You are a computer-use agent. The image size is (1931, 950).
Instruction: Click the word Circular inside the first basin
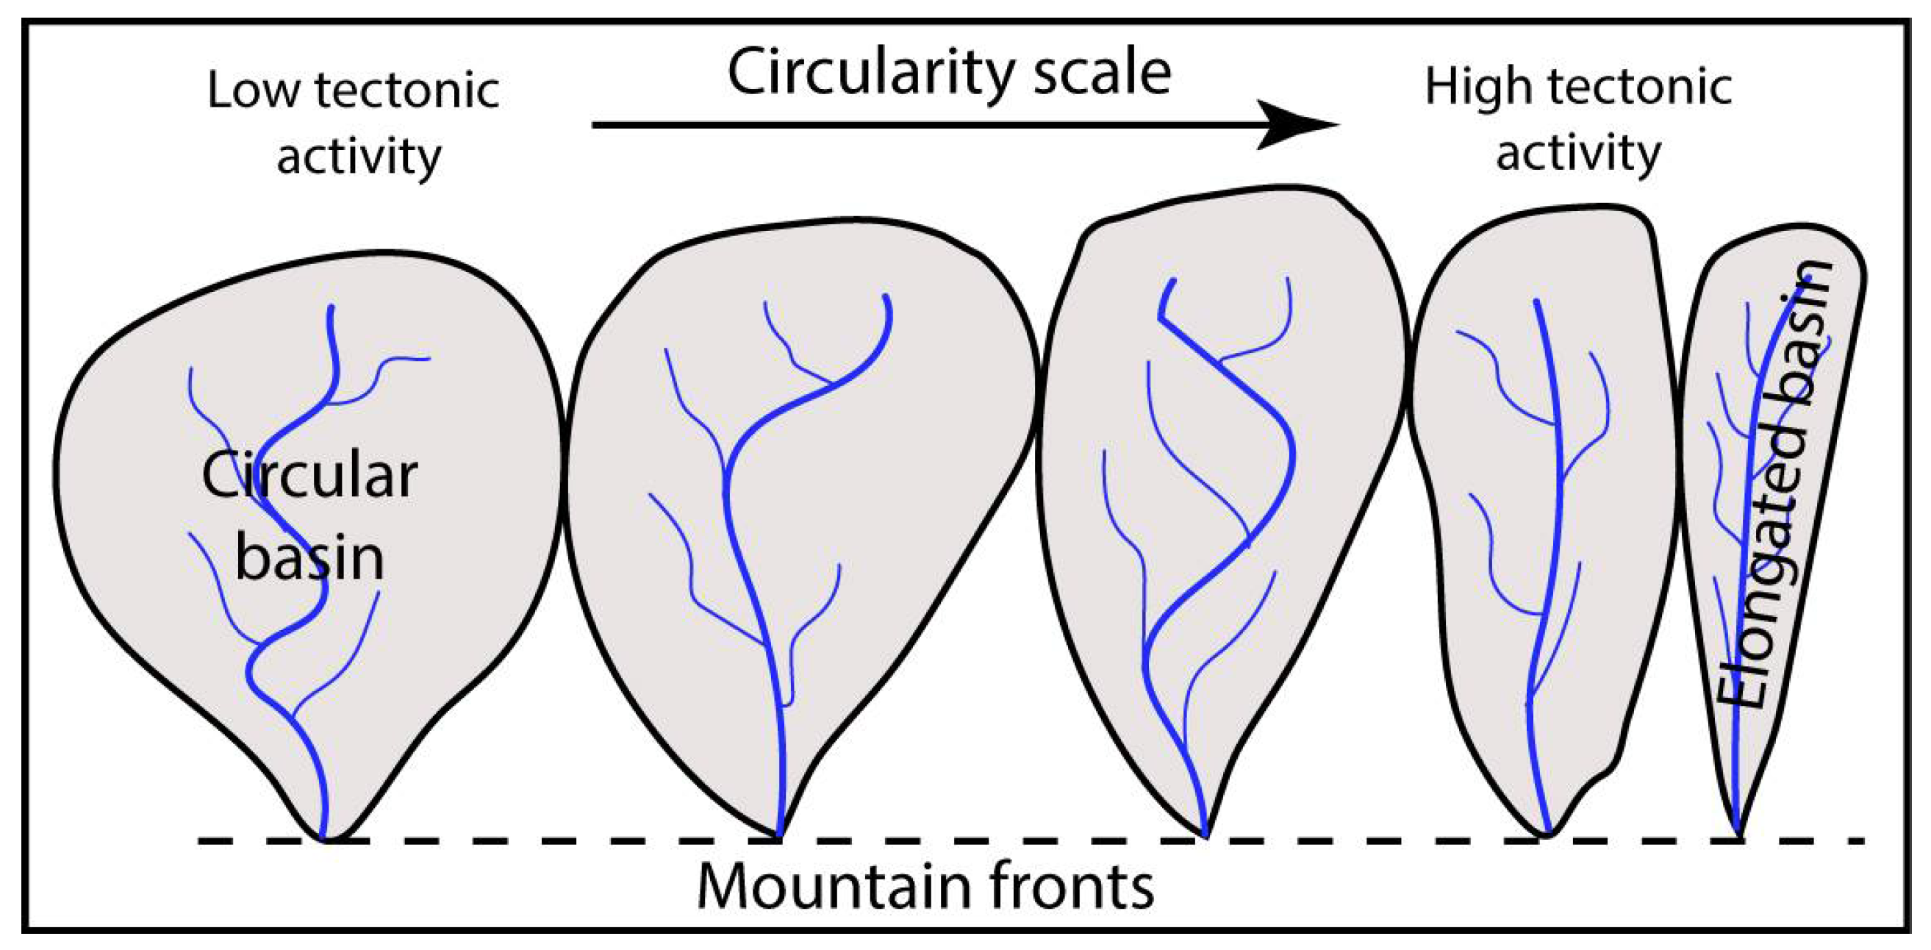pyautogui.click(x=309, y=477)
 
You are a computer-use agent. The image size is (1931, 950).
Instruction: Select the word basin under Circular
pyautogui.click(x=309, y=558)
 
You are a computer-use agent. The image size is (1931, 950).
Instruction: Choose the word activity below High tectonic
pyautogui.click(x=1578, y=154)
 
